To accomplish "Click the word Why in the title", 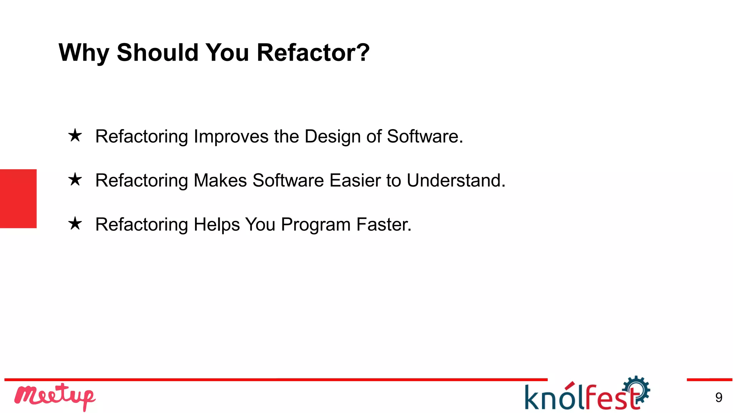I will (84, 53).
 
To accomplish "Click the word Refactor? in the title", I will (313, 52).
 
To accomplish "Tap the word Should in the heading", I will (157, 52).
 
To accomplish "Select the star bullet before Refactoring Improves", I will (75, 136).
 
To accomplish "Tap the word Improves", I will (231, 137).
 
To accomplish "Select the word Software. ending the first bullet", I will (425, 137).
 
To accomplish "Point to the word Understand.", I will (456, 180).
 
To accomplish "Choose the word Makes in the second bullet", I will (220, 180).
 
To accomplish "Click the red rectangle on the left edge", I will (18, 199).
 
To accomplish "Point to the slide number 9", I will (719, 398).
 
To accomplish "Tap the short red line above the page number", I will (709, 379).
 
